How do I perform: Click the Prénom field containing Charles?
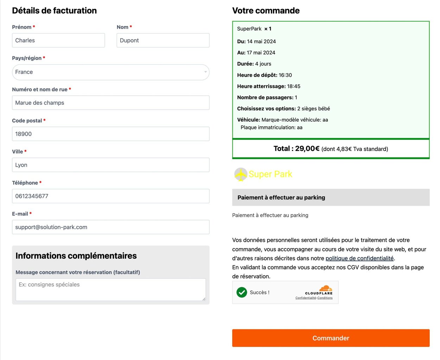point(58,40)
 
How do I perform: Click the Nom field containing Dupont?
point(163,40)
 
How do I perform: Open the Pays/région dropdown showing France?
point(110,72)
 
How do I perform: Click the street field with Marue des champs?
point(110,103)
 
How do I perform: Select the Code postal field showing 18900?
point(110,134)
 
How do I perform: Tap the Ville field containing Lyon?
point(110,165)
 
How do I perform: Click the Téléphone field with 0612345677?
point(110,196)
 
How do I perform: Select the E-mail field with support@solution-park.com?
point(110,227)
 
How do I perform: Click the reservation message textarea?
point(110,290)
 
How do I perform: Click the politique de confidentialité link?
point(359,258)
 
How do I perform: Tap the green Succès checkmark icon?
point(242,292)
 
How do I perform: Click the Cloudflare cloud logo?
point(325,288)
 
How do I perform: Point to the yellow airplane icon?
point(241,174)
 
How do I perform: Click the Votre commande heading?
point(266,11)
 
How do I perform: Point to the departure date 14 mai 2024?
point(261,41)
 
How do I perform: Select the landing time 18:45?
point(294,86)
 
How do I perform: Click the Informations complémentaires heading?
point(76,256)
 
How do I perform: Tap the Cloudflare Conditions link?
point(325,298)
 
